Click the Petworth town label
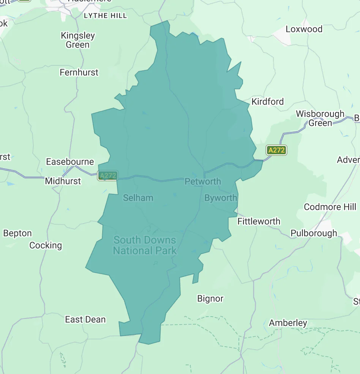point(202,181)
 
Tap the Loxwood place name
point(304,29)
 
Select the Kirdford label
point(267,101)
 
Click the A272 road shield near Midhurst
point(108,176)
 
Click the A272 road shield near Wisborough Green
point(276,150)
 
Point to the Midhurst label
point(63,181)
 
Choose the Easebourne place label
point(70,162)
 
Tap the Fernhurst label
point(79,72)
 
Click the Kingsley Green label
point(78,40)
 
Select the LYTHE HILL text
point(105,16)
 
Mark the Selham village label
point(138,198)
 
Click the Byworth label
point(221,198)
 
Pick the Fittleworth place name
point(259,221)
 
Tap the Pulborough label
point(314,233)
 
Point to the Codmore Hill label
point(330,207)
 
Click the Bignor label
point(210,299)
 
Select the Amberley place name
point(288,323)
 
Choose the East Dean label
point(85,319)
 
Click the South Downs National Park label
point(145,245)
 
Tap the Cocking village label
point(46,245)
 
